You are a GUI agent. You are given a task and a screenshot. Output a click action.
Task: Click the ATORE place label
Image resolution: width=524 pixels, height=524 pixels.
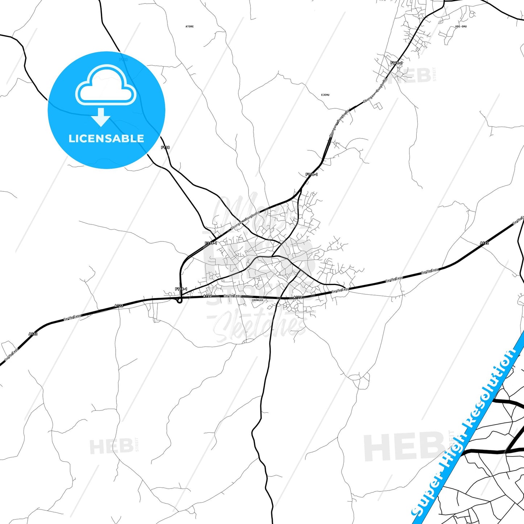tap(189, 26)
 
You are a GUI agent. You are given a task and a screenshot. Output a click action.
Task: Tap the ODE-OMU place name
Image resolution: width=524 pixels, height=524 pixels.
tap(461, 26)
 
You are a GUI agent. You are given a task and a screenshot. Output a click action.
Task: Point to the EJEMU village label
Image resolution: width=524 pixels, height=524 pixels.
tap(325, 95)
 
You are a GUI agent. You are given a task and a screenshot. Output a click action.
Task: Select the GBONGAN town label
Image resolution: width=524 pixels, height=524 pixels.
tap(257, 300)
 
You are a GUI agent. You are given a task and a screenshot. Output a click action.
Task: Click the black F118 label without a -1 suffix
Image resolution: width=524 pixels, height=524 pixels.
tap(165, 147)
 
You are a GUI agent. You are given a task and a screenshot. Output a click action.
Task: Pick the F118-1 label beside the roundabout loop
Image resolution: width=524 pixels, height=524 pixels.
tap(181, 289)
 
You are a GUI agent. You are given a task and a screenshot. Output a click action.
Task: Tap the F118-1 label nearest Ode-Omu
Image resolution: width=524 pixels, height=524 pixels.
tap(396, 63)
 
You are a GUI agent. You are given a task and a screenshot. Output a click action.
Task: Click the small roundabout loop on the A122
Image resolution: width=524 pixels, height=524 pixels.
tap(179, 301)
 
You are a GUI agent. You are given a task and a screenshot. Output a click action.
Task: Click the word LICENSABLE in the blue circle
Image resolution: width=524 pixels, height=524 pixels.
tap(106, 139)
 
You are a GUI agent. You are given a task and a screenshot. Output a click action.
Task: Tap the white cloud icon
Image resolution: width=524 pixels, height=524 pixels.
tap(106, 86)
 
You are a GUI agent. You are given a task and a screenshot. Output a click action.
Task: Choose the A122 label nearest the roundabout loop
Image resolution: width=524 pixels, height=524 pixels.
tap(207, 296)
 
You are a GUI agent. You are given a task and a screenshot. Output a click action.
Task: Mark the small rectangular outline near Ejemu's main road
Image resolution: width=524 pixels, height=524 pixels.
tap(378, 106)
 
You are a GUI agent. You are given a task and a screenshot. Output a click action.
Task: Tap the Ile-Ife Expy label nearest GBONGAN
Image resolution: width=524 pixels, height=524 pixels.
tap(232, 296)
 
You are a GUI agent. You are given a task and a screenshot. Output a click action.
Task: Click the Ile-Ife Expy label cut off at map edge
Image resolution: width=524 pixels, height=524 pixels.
tap(519, 220)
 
